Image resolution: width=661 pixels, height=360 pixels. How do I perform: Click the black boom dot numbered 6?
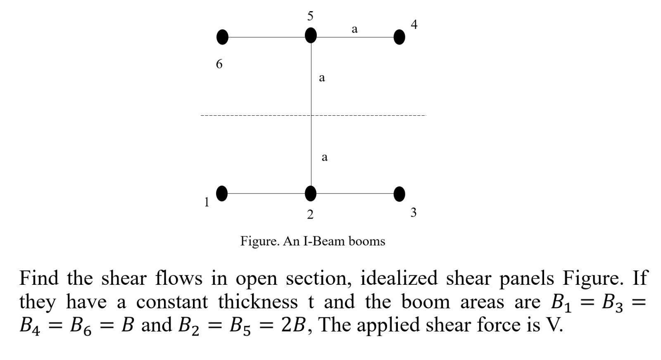pos(222,37)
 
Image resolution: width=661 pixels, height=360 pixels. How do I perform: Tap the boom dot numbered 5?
pos(311,36)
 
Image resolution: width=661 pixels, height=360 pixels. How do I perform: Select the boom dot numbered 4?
pos(399,37)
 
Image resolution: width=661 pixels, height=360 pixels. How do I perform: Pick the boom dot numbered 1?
pos(222,193)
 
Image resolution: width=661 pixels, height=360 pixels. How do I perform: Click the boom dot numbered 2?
pos(311,193)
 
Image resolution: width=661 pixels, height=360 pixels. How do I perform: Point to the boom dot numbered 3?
pos(399,194)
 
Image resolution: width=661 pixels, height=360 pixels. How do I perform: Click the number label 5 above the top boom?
pos(310,16)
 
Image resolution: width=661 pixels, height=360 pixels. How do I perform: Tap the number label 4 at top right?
pos(414,24)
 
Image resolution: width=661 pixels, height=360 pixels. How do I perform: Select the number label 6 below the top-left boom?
pos(219,64)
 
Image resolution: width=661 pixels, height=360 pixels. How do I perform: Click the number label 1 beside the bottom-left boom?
pos(207,202)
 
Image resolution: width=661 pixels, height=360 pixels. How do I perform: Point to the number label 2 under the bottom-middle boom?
pos(310,214)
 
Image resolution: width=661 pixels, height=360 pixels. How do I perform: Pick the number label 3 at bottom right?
pos(414,212)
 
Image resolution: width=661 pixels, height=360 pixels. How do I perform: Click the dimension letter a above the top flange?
pos(354,29)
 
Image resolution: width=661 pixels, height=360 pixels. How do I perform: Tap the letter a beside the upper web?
pos(322,77)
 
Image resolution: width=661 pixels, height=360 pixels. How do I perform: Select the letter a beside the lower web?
pos(324,157)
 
